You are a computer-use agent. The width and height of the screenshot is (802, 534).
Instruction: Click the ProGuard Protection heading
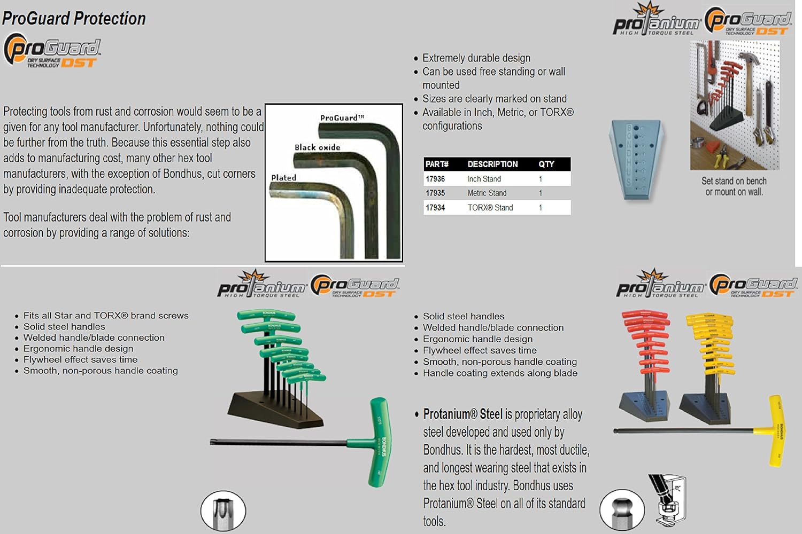pos(74,19)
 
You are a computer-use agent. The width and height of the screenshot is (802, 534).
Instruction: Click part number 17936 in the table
pos(435,179)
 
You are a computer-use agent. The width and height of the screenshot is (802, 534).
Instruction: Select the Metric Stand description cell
pos(487,193)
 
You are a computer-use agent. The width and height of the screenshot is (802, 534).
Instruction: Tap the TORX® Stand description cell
pos(490,207)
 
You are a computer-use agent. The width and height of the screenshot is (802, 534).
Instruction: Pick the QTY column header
pos(546,164)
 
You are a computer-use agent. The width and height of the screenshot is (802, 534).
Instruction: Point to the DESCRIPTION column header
pos(492,164)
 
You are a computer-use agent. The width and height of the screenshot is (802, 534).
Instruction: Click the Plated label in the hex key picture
pos(283,177)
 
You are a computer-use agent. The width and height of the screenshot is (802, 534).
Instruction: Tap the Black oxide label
pos(317,147)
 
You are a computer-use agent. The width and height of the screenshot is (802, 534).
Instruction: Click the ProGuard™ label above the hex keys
pos(342,117)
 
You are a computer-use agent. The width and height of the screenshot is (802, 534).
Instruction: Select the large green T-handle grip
pos(380,441)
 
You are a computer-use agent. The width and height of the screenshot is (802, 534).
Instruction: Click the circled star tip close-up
pos(223,511)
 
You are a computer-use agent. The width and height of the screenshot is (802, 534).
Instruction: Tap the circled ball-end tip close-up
pos(621,510)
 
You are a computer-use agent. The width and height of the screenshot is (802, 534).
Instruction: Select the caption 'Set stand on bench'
pos(734,181)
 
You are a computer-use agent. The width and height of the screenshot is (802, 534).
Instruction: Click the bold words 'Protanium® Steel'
pos(462,414)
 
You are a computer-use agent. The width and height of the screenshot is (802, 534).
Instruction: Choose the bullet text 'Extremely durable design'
pos(476,58)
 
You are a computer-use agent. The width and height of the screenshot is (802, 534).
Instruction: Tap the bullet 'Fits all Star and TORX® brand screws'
pos(106,316)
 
